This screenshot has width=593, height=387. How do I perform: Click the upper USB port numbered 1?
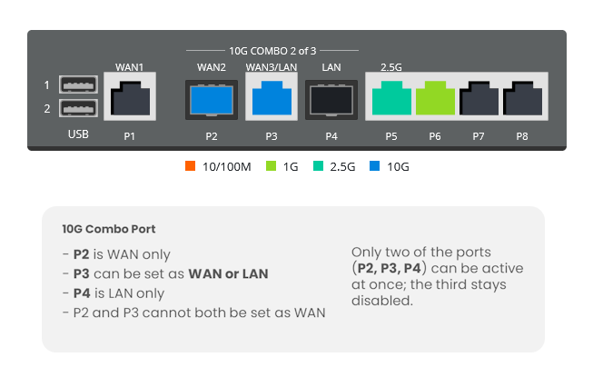tap(77, 85)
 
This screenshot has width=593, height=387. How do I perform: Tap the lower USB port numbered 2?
tap(77, 109)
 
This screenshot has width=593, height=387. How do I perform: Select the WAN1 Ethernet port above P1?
tap(130, 98)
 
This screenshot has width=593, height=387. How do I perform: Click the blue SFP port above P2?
tap(212, 98)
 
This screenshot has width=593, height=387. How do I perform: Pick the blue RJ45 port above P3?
tap(272, 98)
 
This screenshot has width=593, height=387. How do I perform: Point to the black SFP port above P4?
tap(331, 98)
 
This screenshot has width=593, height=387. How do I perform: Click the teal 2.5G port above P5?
tap(391, 98)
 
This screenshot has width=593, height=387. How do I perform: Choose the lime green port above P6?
tap(435, 98)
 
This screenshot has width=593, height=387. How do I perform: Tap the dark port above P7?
tap(479, 98)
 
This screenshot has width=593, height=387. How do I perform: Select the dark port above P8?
tap(521, 98)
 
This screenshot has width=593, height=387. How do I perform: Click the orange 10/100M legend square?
tap(190, 167)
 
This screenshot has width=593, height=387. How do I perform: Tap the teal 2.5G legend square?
tap(317, 167)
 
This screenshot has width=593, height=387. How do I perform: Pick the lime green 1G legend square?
tap(271, 167)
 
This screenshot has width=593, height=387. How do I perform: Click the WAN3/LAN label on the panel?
tap(271, 67)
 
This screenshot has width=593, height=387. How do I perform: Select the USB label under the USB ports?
tap(78, 135)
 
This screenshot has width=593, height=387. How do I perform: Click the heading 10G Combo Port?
tap(103, 229)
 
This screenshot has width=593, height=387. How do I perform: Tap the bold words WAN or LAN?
tap(228, 273)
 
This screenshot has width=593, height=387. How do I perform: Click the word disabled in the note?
tap(381, 301)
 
